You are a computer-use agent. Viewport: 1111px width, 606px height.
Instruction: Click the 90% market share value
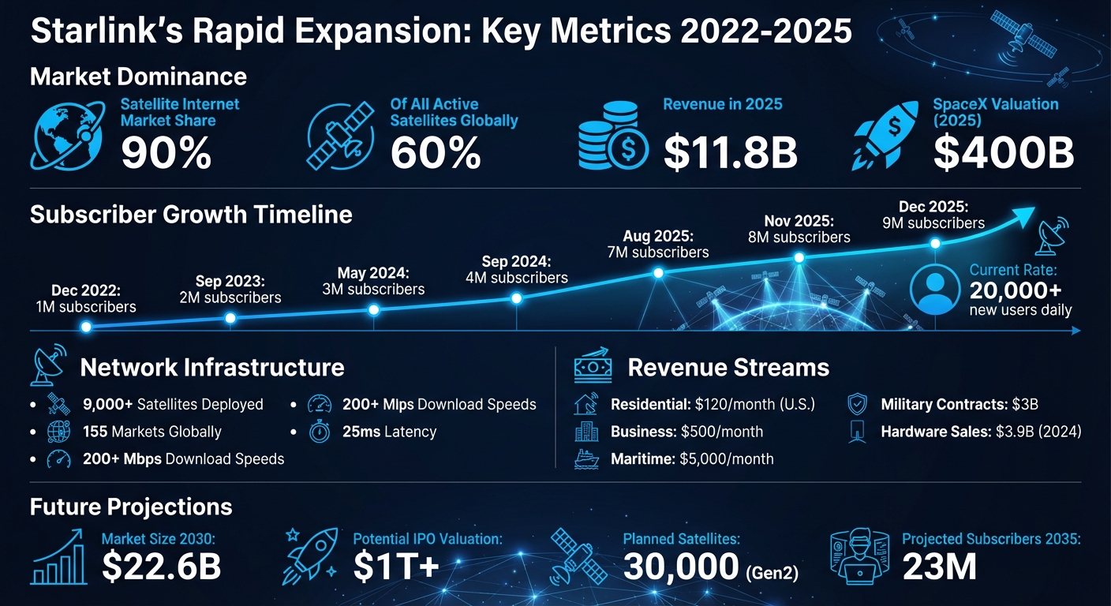[166, 152]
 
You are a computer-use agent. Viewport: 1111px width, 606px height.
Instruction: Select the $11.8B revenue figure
[730, 152]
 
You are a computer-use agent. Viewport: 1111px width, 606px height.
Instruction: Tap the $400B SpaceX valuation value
[1003, 152]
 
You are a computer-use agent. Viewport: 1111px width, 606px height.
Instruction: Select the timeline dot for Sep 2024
[516, 298]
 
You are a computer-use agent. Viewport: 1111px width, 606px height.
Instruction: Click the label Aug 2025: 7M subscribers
[658, 244]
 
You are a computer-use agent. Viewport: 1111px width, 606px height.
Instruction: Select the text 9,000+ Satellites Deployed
[172, 405]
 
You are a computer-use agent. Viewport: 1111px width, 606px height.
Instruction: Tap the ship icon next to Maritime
[586, 458]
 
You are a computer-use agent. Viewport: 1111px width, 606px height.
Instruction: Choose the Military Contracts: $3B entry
[959, 405]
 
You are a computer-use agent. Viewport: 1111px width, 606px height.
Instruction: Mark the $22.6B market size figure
[161, 567]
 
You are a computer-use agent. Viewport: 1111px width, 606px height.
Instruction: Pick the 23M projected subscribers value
[939, 567]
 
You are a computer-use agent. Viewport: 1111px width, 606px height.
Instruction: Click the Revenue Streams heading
[728, 368]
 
